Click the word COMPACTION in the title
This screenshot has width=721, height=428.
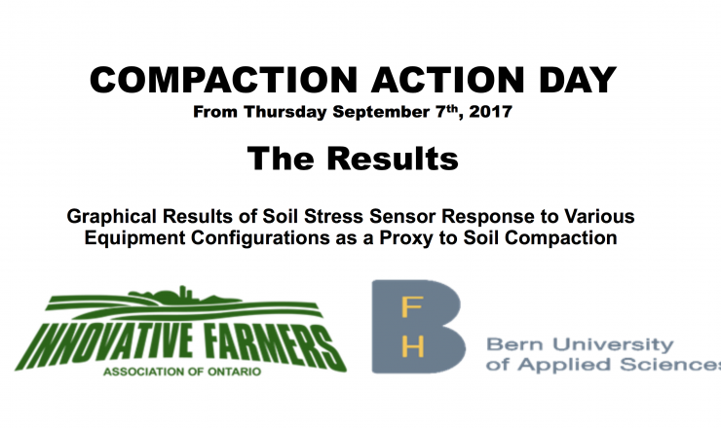point(223,80)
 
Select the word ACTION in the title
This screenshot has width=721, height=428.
point(448,80)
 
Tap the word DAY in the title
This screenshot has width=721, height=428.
point(578,80)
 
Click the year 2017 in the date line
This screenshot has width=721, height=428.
point(491,112)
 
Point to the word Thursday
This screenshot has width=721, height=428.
point(285,112)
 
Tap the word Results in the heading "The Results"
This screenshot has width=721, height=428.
point(393,159)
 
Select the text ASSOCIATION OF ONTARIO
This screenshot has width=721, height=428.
point(182,371)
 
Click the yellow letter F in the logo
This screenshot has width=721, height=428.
point(412,306)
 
